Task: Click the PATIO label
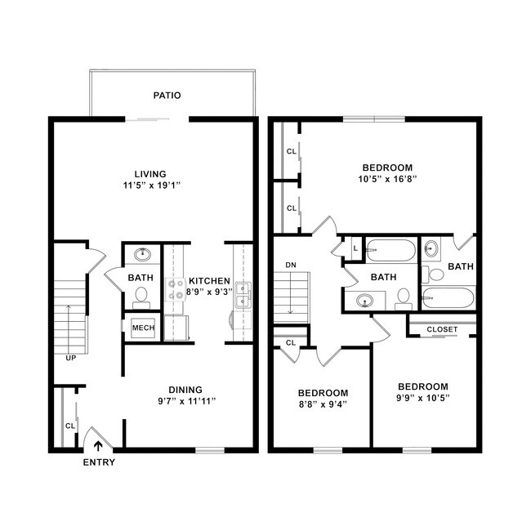(167, 96)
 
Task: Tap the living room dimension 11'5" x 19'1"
(150, 185)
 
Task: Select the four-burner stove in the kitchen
(176, 290)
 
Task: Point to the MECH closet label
(143, 328)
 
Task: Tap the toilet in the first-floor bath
(141, 295)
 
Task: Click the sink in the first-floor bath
(142, 253)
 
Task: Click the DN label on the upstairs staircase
(291, 265)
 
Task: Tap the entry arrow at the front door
(99, 446)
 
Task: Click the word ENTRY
(99, 462)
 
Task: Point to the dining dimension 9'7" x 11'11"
(185, 401)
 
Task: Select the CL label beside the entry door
(69, 426)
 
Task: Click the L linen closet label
(355, 248)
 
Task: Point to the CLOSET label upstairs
(442, 329)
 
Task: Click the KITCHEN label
(210, 279)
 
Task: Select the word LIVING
(150, 173)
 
